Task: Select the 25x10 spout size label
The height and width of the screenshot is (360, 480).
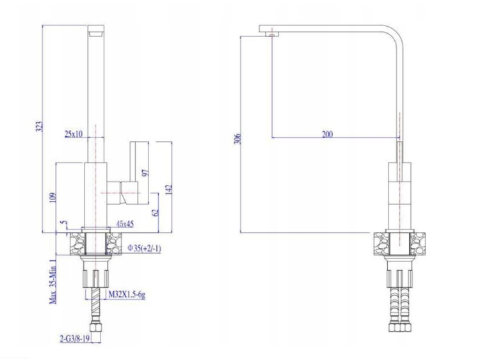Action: [x=74, y=134]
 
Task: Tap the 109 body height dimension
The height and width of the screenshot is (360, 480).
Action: [x=53, y=198]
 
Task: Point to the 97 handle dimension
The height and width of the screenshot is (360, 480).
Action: [x=147, y=173]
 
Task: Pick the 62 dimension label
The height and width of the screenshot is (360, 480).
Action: [x=156, y=212]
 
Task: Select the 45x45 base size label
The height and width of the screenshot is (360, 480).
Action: [x=125, y=224]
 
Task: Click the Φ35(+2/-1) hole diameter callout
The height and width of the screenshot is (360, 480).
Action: [x=144, y=248]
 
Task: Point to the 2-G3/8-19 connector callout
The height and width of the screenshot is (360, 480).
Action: [x=75, y=339]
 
